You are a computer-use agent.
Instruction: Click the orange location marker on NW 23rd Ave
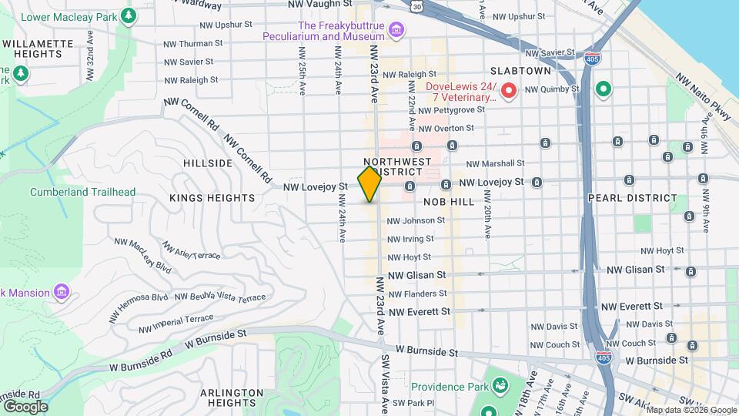point(369,184)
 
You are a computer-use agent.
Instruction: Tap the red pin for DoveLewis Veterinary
point(508,92)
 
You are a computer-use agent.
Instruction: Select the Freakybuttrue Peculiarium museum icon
point(396,29)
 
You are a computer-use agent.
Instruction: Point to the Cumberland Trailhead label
point(82,192)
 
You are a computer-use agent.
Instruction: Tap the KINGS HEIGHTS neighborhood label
point(212,198)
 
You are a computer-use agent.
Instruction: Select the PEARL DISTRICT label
point(632,198)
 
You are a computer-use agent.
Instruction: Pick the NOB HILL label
point(449,200)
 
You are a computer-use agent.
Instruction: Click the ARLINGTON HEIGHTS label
point(227,398)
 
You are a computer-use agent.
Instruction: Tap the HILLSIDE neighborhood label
point(208,163)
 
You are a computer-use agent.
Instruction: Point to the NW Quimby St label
point(551,89)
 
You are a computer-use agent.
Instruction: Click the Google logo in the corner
point(25,407)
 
